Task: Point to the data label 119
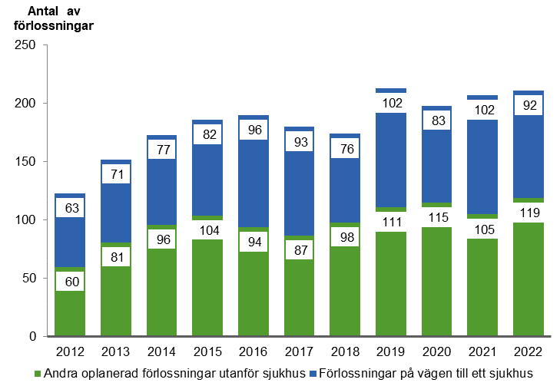tap(529, 213)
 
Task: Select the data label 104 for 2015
tap(207, 231)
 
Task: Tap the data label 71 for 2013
tap(115, 173)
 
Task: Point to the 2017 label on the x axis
tap(299, 351)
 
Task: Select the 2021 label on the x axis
tap(483, 351)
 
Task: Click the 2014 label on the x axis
tap(161, 351)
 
